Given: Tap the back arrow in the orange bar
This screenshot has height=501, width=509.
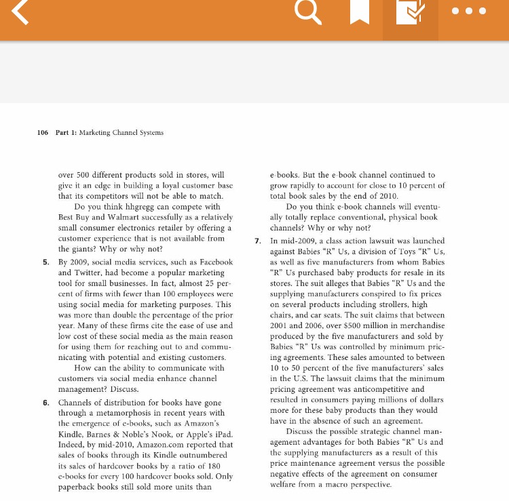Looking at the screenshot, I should coord(20,12).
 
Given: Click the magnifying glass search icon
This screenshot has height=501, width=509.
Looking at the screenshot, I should coord(309,12).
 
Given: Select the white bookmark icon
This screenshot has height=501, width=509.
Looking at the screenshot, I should coord(360,12).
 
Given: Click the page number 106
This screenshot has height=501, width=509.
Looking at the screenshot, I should coord(43,132).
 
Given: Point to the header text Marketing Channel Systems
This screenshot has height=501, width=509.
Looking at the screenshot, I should coord(121,132).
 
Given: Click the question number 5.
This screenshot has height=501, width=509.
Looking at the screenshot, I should coord(45,262).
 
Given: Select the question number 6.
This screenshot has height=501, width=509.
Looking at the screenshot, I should coord(45,403).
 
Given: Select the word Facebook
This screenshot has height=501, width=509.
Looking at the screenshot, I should coord(214,262).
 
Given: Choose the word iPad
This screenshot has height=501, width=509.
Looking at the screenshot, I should coord(223,433).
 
